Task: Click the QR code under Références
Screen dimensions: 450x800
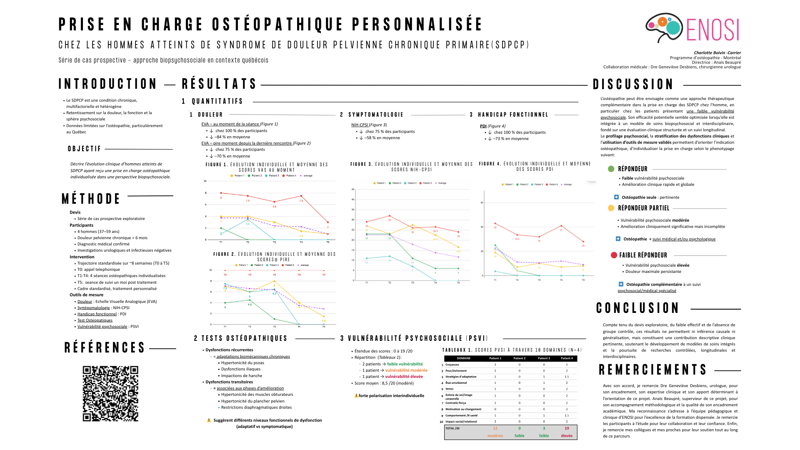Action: [x=110, y=394]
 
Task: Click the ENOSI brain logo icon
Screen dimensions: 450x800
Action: [x=663, y=27]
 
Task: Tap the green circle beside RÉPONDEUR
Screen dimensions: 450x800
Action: [x=611, y=169]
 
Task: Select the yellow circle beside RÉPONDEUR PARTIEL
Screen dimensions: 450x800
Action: [x=611, y=208]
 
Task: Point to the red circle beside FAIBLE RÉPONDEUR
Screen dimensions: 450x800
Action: [x=614, y=255]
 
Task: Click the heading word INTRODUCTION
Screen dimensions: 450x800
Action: [x=107, y=84]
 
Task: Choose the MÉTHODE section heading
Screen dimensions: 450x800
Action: [x=91, y=199]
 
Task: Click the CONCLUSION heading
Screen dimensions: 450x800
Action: [x=637, y=308]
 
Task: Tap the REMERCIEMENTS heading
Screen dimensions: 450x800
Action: [x=652, y=370]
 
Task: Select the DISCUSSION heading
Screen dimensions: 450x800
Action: [x=633, y=85]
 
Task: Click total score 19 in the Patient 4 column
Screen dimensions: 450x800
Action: [x=567, y=428]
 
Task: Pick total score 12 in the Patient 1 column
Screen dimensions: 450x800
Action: [x=495, y=428]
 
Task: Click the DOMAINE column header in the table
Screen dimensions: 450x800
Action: [x=463, y=358]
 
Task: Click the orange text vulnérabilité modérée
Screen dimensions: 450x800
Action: [x=406, y=370]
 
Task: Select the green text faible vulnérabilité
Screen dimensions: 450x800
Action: [x=405, y=364]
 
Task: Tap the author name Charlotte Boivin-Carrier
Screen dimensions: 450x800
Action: [x=717, y=53]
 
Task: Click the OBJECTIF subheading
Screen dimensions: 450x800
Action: [x=85, y=149]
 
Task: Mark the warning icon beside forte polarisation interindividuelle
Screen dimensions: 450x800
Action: [x=356, y=396]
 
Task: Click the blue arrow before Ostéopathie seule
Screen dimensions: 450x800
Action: [x=616, y=197]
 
